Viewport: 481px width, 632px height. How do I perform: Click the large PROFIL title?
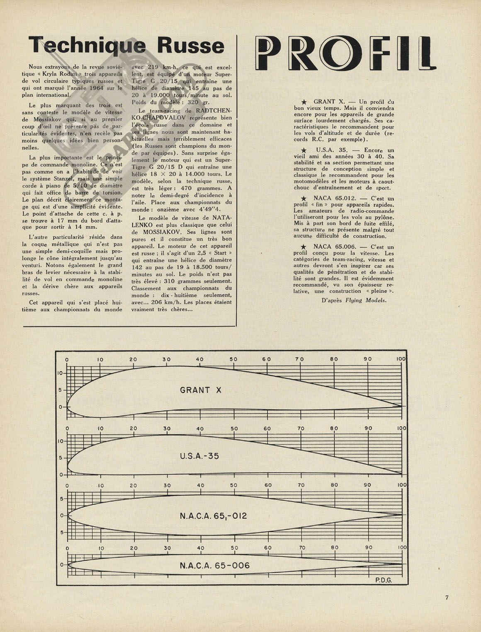(x=345, y=53)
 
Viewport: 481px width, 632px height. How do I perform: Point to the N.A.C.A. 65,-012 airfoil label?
(x=213, y=516)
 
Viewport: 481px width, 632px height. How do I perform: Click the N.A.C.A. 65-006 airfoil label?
(x=215, y=566)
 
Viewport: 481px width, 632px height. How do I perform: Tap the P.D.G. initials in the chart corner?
(x=384, y=580)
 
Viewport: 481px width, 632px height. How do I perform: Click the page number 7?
(x=447, y=597)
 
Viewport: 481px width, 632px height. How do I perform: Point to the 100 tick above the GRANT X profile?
(x=401, y=359)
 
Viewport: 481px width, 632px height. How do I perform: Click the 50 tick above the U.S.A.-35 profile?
(x=234, y=429)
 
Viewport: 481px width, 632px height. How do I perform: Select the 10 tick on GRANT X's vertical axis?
(x=60, y=373)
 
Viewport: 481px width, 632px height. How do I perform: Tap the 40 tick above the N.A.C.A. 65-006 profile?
(x=201, y=548)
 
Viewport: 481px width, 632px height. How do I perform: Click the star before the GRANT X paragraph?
(x=304, y=102)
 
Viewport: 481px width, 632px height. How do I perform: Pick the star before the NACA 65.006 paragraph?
(x=304, y=247)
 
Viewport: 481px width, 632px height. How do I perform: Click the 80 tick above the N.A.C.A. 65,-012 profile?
(x=335, y=485)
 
